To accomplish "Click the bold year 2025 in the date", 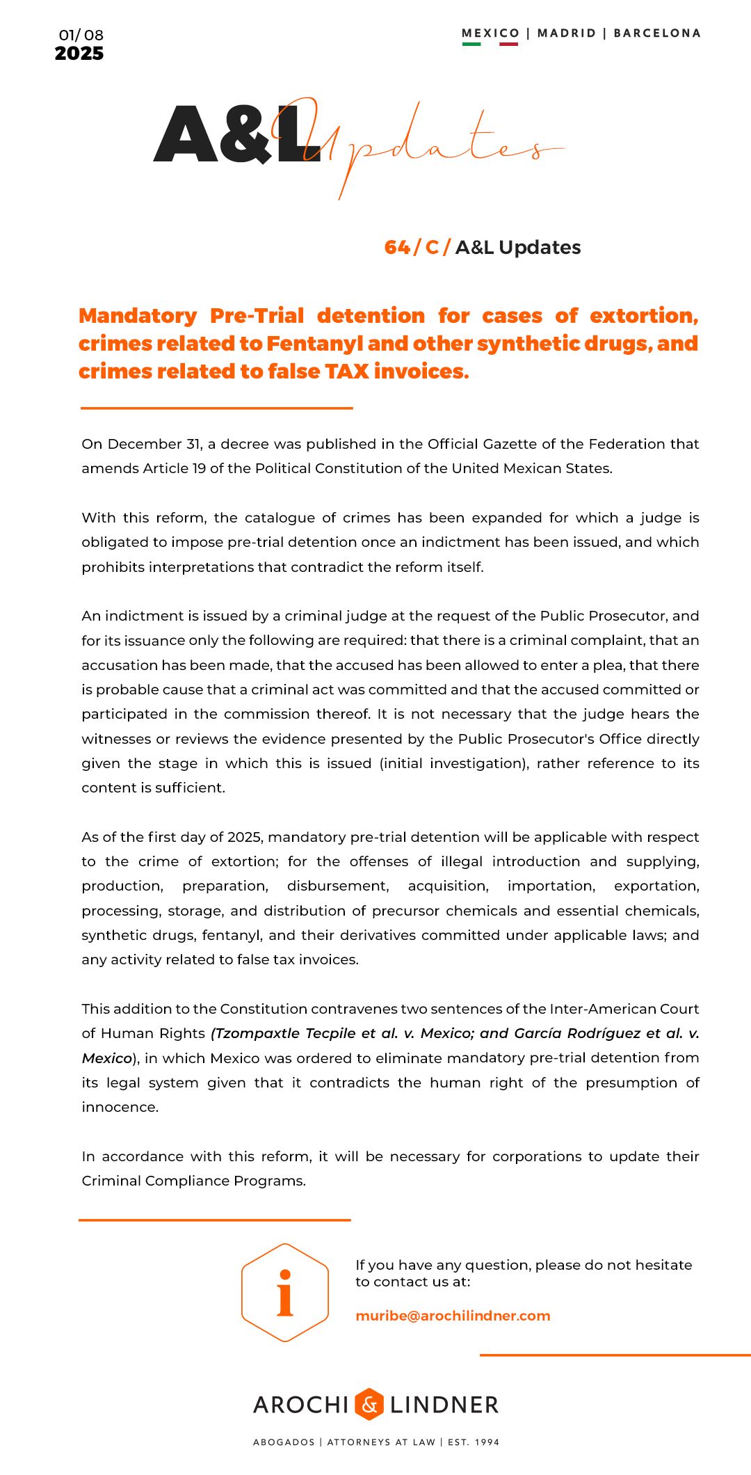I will click(x=79, y=54).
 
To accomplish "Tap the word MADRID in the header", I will click(x=567, y=33).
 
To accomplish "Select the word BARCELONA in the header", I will click(x=657, y=33).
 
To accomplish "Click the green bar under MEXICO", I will click(x=471, y=44).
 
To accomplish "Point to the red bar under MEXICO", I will click(x=508, y=44).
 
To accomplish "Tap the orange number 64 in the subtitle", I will click(x=397, y=247).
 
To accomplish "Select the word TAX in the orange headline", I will click(x=347, y=372).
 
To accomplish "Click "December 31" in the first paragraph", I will click(x=154, y=444).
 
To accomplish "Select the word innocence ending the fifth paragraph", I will click(x=120, y=1107).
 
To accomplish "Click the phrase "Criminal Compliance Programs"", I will click(x=193, y=1181).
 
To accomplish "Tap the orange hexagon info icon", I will click(x=285, y=1293).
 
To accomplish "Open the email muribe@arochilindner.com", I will click(x=453, y=1316).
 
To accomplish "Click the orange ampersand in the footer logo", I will click(x=369, y=1404).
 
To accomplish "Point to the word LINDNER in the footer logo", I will click(x=444, y=1405).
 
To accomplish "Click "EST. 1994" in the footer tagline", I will click(x=474, y=1442).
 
